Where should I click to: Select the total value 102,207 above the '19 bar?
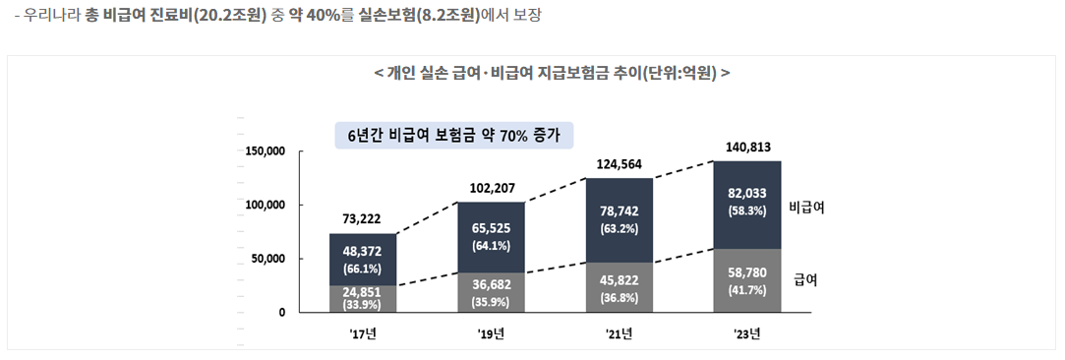point(493,187)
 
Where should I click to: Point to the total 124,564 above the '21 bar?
point(621,163)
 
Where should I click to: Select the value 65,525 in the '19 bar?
point(493,227)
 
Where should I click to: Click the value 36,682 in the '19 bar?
point(493,284)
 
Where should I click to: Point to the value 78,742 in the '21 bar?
point(620,211)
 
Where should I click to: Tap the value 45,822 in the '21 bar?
point(620,278)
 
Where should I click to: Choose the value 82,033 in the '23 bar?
point(746,194)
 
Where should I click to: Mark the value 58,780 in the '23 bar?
point(746,272)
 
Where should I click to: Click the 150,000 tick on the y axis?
point(265,151)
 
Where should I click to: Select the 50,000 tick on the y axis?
point(267,259)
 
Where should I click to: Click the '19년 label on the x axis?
point(492,333)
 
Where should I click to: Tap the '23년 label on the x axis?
point(746,333)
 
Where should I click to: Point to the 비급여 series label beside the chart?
point(806,208)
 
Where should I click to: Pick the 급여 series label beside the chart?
point(806,279)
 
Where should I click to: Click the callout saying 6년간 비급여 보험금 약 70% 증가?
point(453,135)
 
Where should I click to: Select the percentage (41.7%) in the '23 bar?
point(746,290)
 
